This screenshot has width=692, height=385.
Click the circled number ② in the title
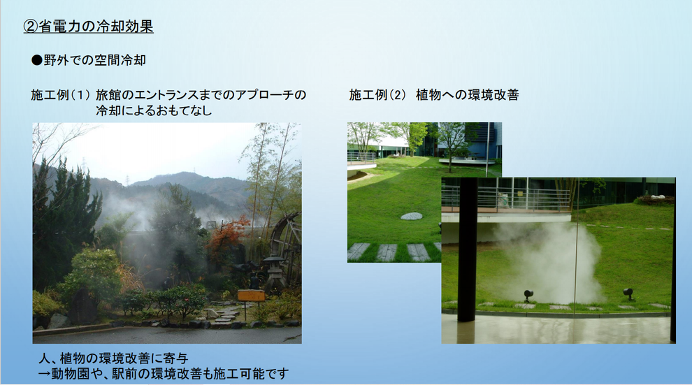(31, 27)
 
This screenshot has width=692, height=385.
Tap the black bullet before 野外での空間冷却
(36, 60)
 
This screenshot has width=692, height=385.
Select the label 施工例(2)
(378, 95)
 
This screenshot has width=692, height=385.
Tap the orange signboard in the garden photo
(251, 295)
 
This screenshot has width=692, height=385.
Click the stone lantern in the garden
(274, 274)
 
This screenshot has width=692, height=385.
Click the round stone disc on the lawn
(411, 216)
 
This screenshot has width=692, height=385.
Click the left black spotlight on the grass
(528, 295)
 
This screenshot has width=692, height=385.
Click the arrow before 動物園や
(45, 374)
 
